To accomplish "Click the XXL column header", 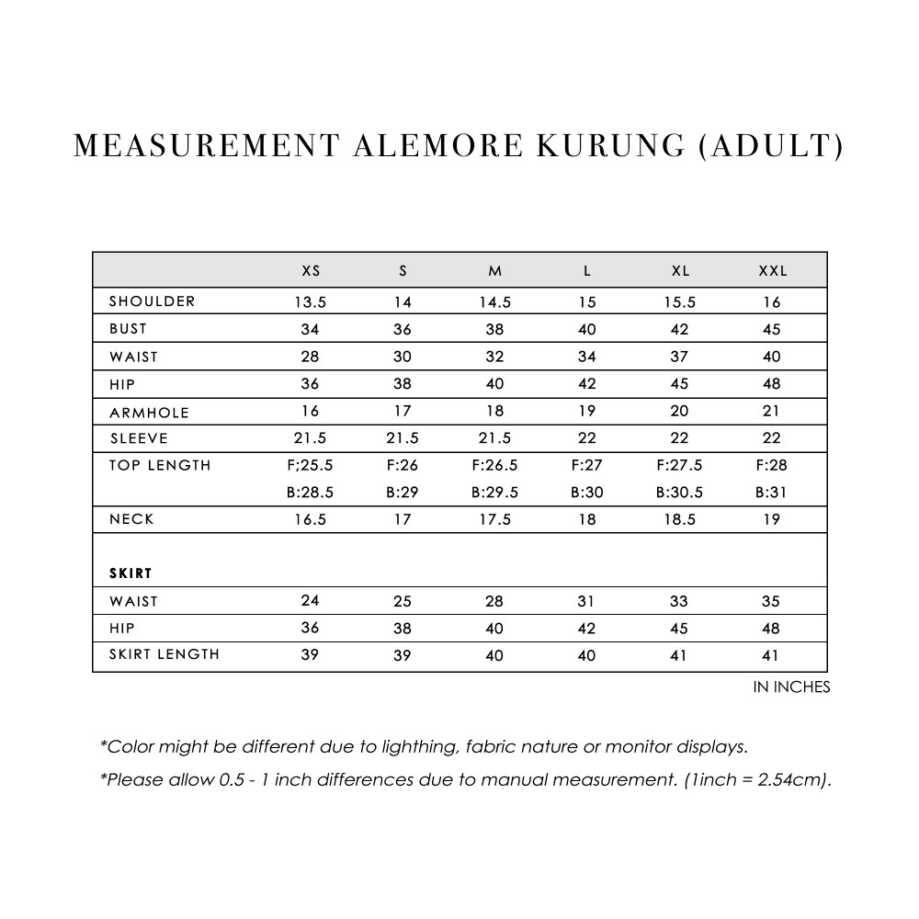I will pyautogui.click(x=772, y=271).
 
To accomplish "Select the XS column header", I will pyautogui.click(x=312, y=271).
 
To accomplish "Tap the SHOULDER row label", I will pyautogui.click(x=152, y=301).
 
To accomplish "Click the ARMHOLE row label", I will pyautogui.click(x=150, y=413).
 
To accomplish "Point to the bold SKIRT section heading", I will pyautogui.click(x=130, y=573).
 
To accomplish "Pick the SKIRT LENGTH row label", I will pyautogui.click(x=165, y=654).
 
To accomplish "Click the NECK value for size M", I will pyautogui.click(x=494, y=519).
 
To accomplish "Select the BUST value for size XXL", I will pyautogui.click(x=772, y=329).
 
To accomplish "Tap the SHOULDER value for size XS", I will pyautogui.click(x=311, y=301).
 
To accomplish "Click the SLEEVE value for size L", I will pyautogui.click(x=587, y=438).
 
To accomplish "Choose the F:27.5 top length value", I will pyautogui.click(x=679, y=465).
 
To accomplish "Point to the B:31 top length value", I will pyautogui.click(x=772, y=493).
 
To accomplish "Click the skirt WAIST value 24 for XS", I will pyautogui.click(x=311, y=601).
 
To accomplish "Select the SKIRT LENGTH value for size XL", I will pyautogui.click(x=679, y=655).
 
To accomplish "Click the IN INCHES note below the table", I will pyautogui.click(x=791, y=687).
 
